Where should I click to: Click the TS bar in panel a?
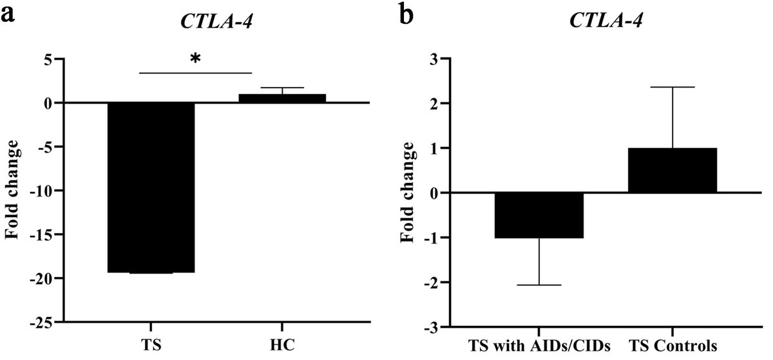151,187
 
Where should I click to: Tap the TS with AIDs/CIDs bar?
539,216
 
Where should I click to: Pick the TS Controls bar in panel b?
673,171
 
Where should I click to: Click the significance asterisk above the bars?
195,59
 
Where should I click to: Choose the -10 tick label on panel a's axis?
43,191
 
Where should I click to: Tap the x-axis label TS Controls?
673,343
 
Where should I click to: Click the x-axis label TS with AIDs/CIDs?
539,343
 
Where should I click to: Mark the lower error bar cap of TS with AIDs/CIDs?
539,285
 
